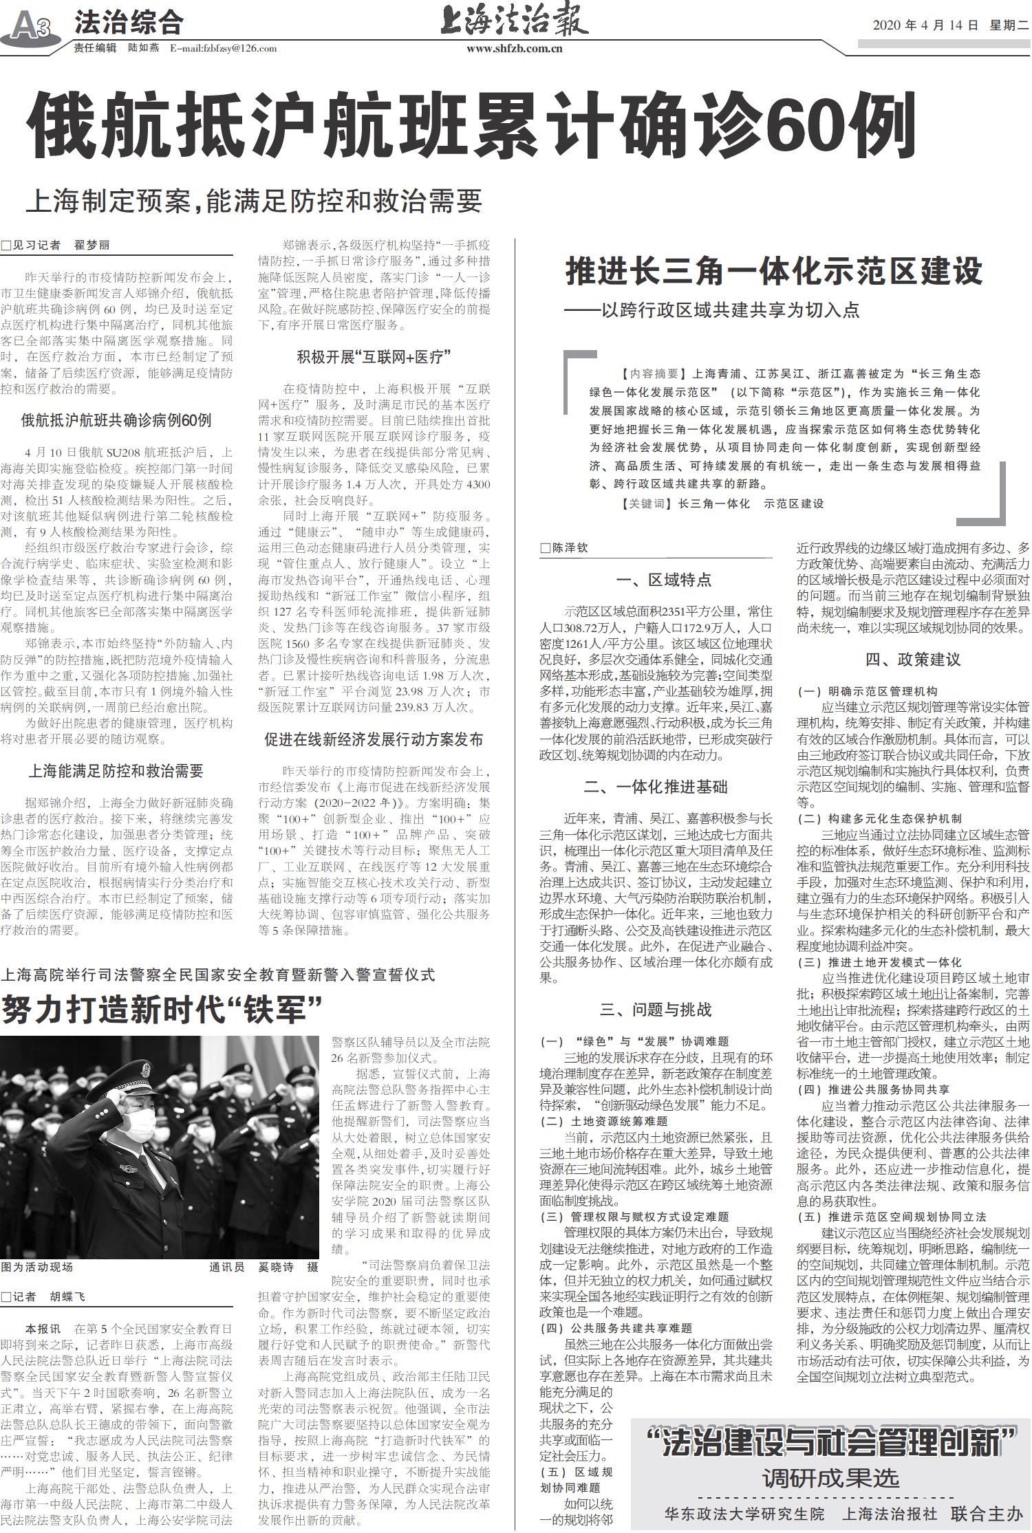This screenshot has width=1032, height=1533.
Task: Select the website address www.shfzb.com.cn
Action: [515, 48]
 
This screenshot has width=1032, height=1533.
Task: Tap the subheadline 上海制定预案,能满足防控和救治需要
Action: [254, 200]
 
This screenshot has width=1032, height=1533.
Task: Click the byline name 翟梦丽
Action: [92, 245]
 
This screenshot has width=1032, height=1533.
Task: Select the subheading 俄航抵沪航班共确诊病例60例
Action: [116, 420]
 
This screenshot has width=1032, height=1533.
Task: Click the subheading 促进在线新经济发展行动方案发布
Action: [374, 739]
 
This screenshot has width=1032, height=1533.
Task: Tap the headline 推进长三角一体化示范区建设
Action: [774, 271]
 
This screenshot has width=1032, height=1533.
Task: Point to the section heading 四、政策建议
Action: [912, 660]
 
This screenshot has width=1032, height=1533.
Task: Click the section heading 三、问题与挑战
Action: [655, 1010]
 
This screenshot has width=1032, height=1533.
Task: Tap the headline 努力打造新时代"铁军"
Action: [162, 1009]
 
